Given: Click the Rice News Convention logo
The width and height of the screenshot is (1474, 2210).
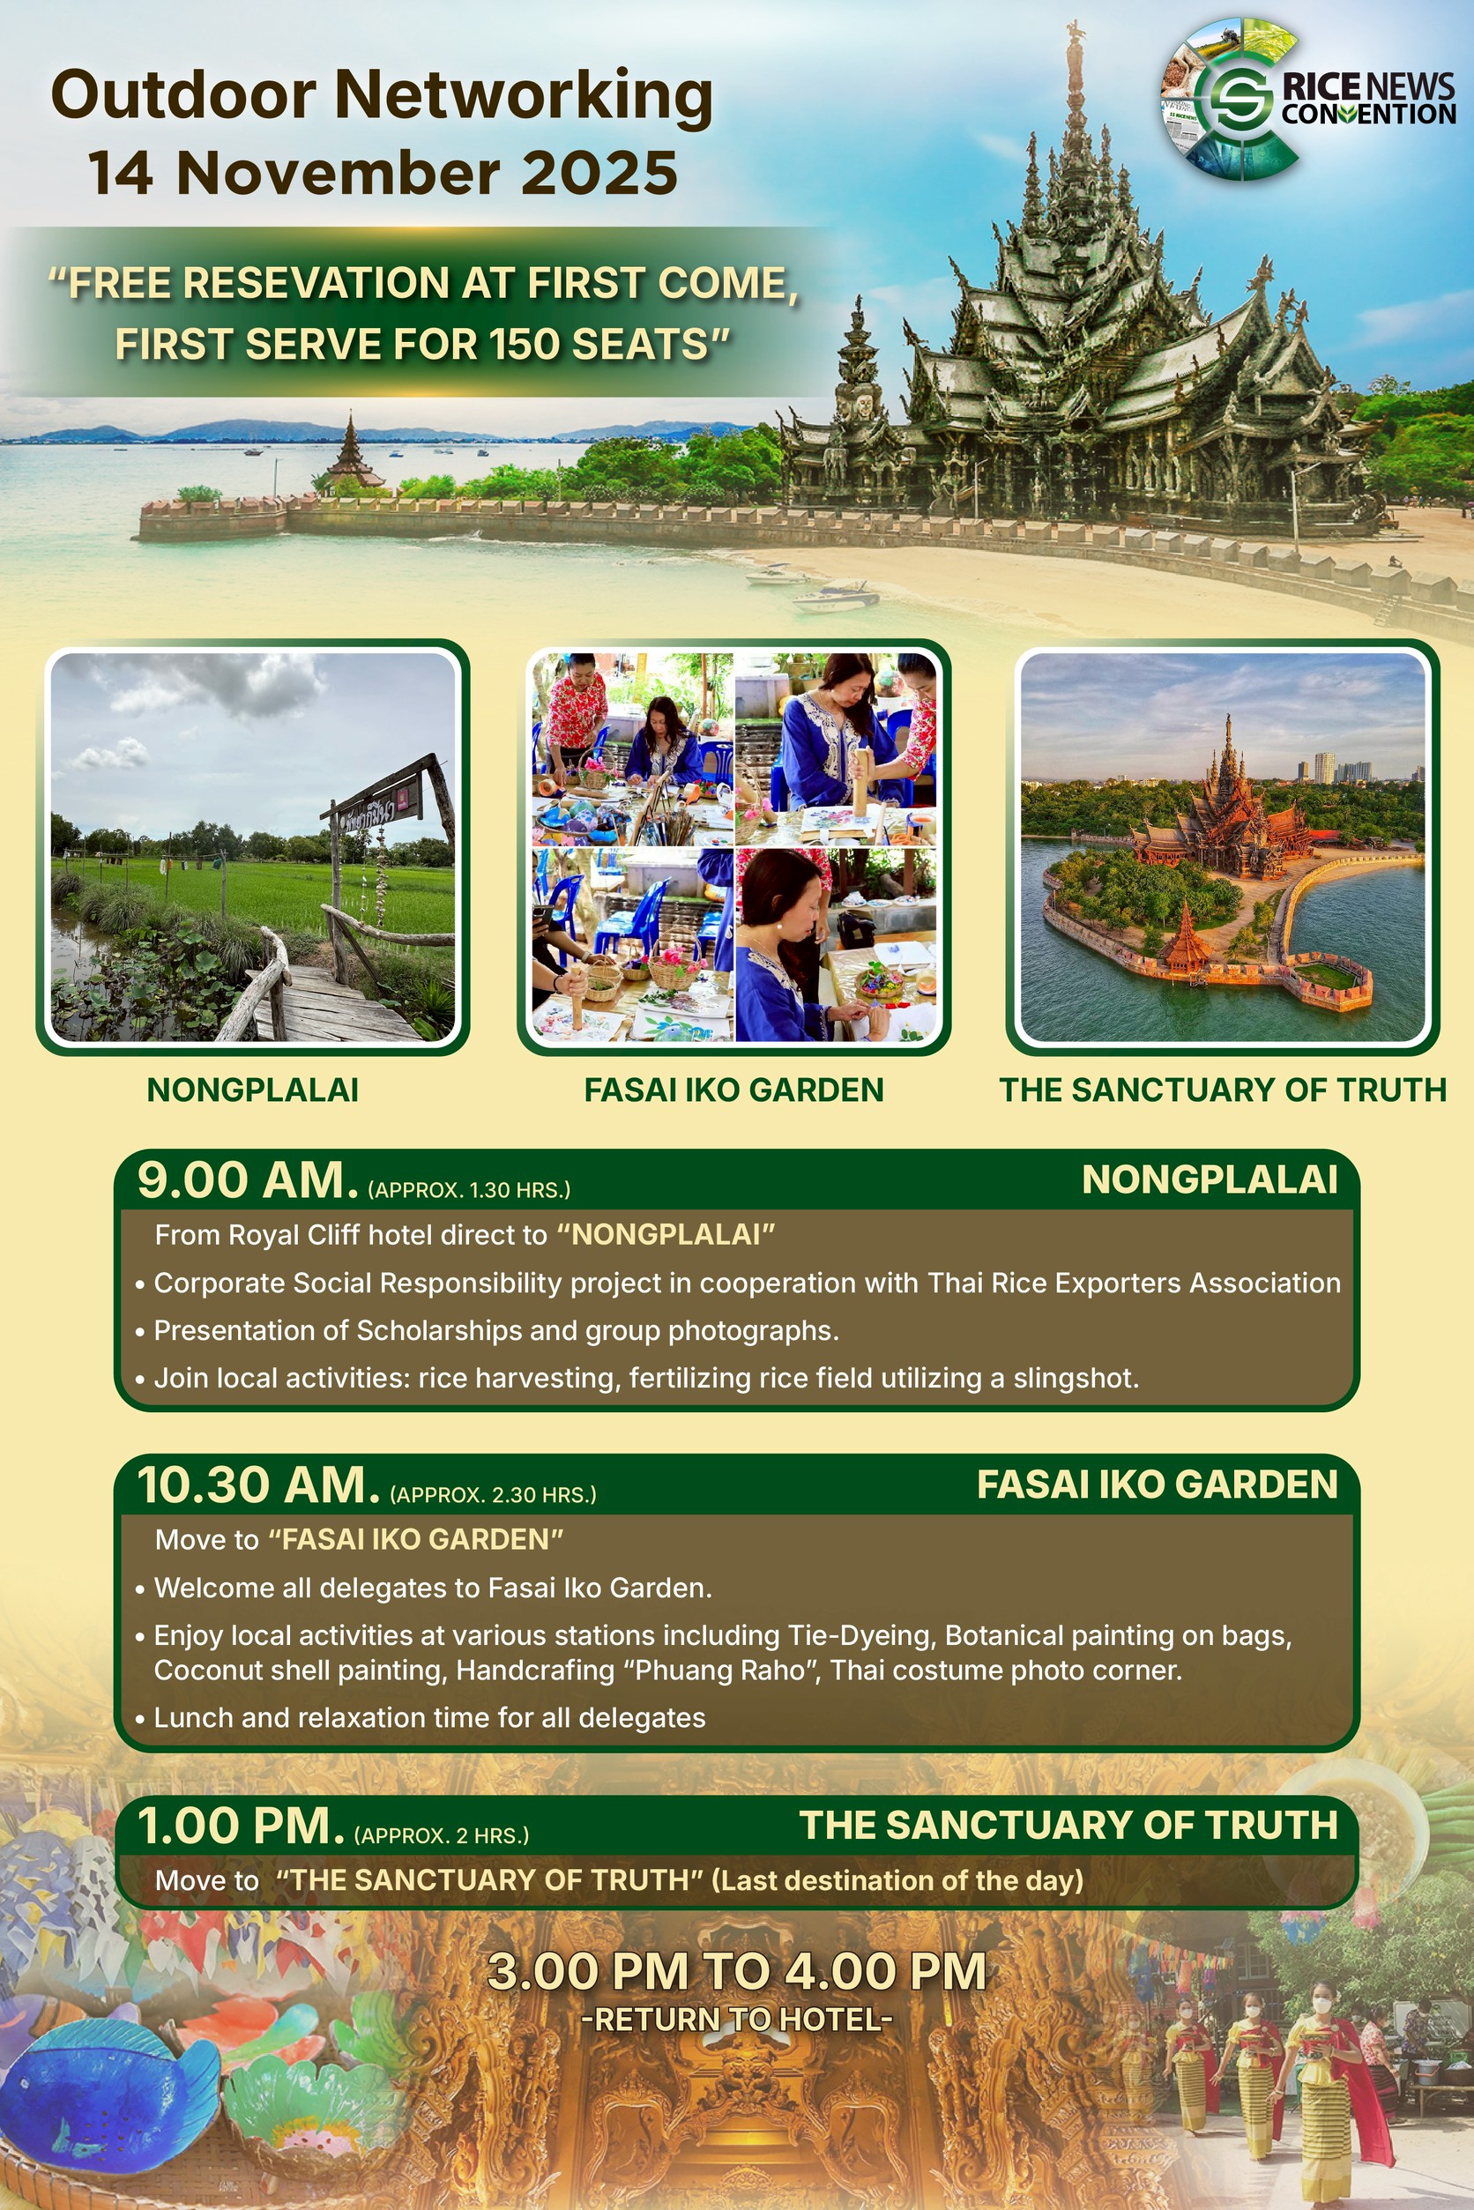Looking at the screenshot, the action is [x=1307, y=99].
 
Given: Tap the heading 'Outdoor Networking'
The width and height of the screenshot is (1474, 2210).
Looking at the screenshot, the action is [x=382, y=96].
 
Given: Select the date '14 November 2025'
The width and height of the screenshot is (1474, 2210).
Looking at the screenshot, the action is [x=383, y=173].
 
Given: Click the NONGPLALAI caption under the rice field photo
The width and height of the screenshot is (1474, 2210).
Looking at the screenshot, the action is [x=253, y=1090].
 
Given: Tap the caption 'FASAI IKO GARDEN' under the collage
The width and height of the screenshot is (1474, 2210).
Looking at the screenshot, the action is [x=734, y=1090].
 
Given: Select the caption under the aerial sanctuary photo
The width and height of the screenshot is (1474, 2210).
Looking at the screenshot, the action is [x=1223, y=1090].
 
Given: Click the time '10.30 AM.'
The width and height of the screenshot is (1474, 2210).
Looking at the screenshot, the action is [x=258, y=1485].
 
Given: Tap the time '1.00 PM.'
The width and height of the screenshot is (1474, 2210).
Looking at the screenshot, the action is [x=242, y=1826].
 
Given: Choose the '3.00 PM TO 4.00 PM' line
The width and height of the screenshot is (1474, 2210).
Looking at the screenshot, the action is [x=737, y=1970].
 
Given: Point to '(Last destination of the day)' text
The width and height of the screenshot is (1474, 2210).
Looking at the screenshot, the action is [x=897, y=1880].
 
